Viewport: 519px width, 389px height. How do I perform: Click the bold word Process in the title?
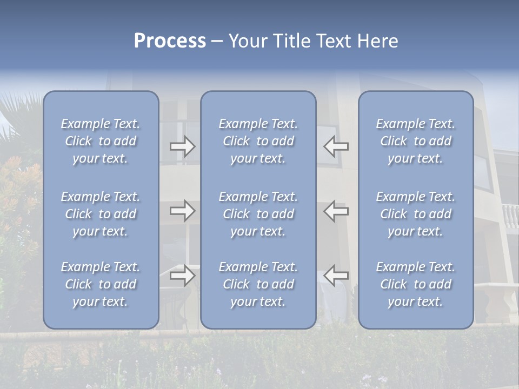click(170, 41)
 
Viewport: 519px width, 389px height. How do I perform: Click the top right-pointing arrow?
click(182, 146)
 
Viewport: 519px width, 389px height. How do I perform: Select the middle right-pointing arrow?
click(182, 211)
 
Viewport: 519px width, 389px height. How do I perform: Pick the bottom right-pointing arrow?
click(182, 276)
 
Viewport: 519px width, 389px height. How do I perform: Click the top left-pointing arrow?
click(336, 146)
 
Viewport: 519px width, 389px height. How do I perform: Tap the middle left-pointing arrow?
click(336, 211)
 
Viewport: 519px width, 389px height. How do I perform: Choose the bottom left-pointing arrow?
click(336, 276)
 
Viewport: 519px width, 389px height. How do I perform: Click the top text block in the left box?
click(101, 141)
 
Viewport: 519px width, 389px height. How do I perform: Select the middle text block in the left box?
click(101, 214)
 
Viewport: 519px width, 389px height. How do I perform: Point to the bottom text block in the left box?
click(101, 284)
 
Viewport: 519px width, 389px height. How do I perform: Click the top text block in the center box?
click(258, 141)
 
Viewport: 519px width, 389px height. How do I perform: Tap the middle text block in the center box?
click(258, 214)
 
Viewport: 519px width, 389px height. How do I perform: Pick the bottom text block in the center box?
click(258, 284)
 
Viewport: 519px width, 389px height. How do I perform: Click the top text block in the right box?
click(415, 141)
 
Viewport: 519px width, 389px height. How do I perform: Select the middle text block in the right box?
click(415, 214)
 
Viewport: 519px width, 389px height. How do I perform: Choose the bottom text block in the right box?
click(415, 284)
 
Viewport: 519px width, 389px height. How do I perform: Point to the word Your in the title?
click(247, 41)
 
